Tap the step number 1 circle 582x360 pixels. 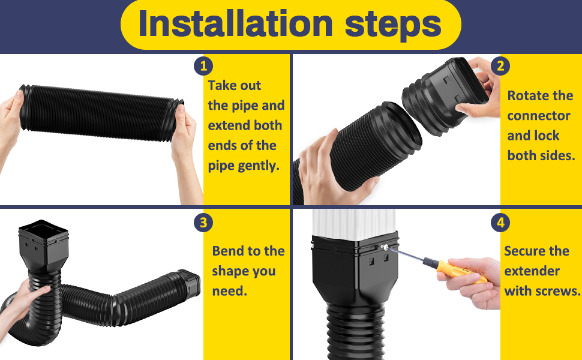[203, 65]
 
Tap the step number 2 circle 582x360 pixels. [500, 65]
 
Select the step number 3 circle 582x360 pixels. [203, 223]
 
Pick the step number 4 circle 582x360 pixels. [500, 223]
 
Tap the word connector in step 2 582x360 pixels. [539, 116]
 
